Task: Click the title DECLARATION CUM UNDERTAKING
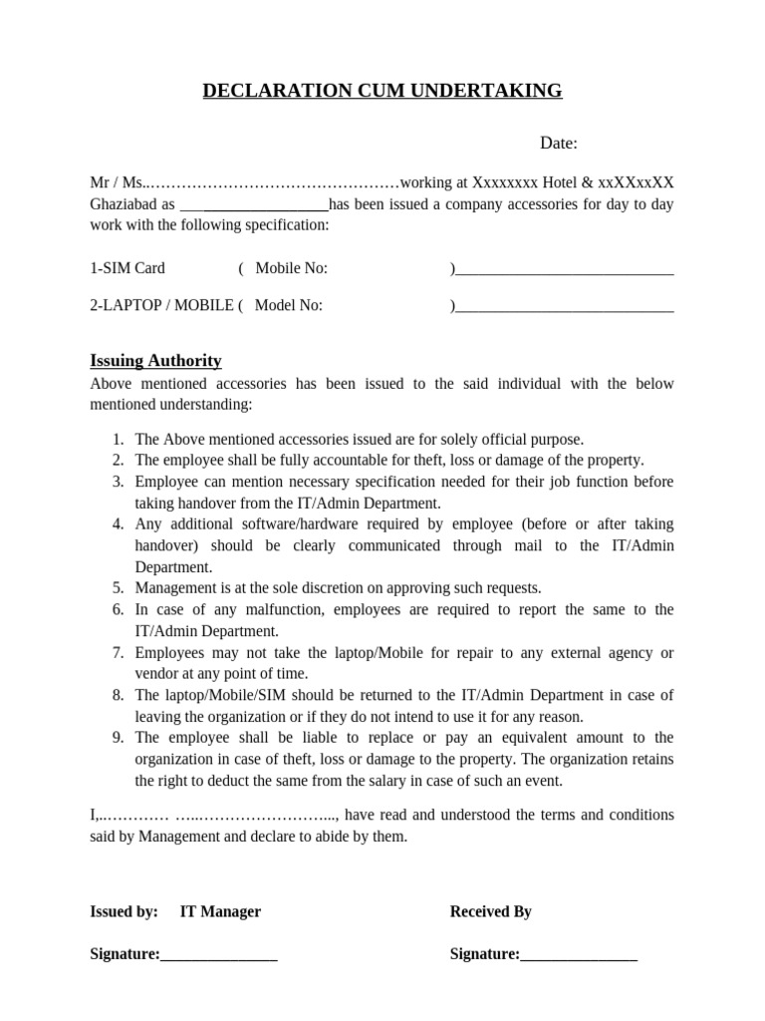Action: click(382, 92)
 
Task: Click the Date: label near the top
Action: click(559, 144)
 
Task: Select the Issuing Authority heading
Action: click(155, 361)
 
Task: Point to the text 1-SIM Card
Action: click(127, 268)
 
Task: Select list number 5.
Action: click(118, 588)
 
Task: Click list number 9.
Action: click(118, 738)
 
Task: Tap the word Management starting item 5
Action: click(175, 588)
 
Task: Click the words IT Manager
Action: click(220, 911)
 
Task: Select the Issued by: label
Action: click(124, 911)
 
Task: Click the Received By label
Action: click(491, 911)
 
